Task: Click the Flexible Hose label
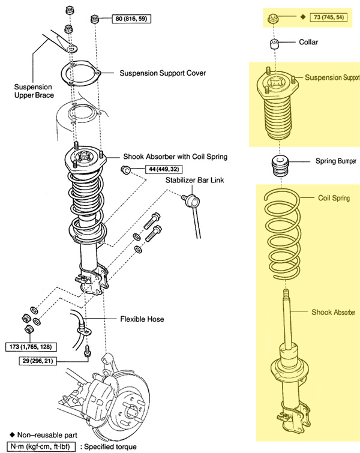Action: (x=142, y=319)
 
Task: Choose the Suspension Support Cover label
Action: (x=163, y=73)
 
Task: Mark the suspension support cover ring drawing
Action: (x=82, y=76)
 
